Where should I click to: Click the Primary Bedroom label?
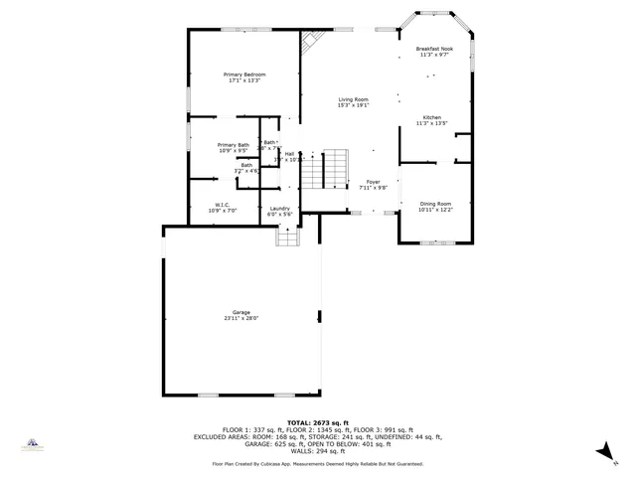244,75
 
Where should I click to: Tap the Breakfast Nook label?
434,49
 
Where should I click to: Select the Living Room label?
353,99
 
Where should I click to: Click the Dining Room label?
434,204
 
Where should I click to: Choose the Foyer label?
373,182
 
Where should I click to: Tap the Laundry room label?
279,209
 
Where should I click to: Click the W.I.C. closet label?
222,206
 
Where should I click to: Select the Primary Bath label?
234,145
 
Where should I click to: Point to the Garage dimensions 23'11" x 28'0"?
241,319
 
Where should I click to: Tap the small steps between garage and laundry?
287,237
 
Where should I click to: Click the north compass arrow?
602,452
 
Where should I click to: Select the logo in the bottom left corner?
32,444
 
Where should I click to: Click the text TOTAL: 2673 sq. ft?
317,422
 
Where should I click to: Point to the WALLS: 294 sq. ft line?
317,450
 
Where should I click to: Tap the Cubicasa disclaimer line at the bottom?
317,464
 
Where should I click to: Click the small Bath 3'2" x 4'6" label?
246,168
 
